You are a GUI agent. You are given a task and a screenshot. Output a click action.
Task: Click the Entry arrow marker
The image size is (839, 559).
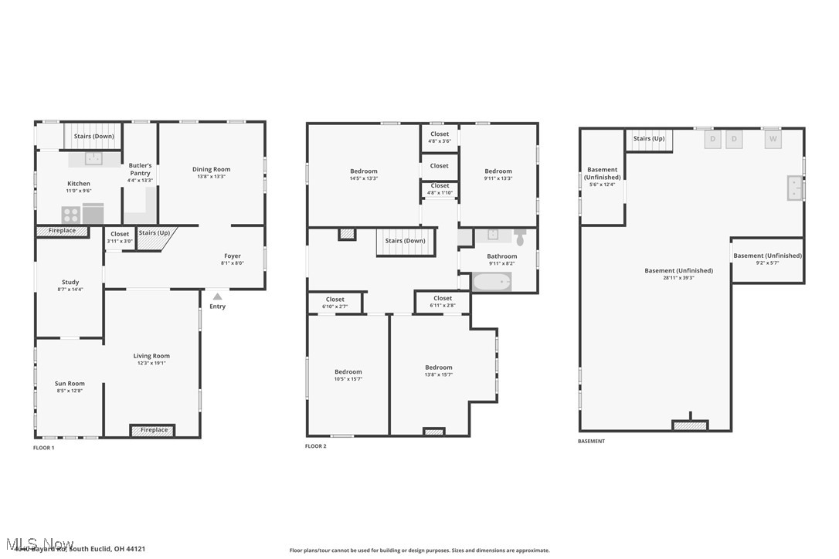pos(218,296)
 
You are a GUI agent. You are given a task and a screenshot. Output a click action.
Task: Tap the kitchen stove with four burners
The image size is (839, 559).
pos(71,214)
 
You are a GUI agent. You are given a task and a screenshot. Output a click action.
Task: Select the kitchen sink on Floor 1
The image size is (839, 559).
pos(93,158)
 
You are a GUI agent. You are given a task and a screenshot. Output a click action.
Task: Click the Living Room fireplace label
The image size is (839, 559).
pos(154,430)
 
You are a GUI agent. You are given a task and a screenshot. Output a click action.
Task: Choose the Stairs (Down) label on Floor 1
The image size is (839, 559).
pos(93,137)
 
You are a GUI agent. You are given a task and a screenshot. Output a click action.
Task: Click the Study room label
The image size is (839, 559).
pos(70,282)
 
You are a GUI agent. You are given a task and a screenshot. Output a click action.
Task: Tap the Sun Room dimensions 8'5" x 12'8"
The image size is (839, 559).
pos(70,391)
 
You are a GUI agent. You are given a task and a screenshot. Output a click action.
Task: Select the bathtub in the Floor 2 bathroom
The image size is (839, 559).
pos(492,282)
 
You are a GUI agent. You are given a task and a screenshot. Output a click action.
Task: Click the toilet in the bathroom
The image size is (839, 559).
pos(520,237)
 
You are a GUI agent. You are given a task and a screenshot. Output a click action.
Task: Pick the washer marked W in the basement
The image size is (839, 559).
pos(773,139)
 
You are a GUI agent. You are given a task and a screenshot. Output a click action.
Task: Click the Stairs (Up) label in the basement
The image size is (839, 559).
pos(649,139)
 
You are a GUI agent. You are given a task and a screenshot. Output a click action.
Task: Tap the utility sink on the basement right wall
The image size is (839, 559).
pos(794,188)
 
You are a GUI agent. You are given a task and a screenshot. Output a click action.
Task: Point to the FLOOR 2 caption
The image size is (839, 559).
pos(316,446)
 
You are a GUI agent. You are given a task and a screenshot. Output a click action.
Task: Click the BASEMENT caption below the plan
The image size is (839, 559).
pos(592,442)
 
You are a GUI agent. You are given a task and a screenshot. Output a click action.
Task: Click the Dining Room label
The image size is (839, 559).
pos(212,169)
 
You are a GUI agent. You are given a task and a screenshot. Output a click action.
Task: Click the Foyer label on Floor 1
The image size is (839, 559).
pos(233,256)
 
